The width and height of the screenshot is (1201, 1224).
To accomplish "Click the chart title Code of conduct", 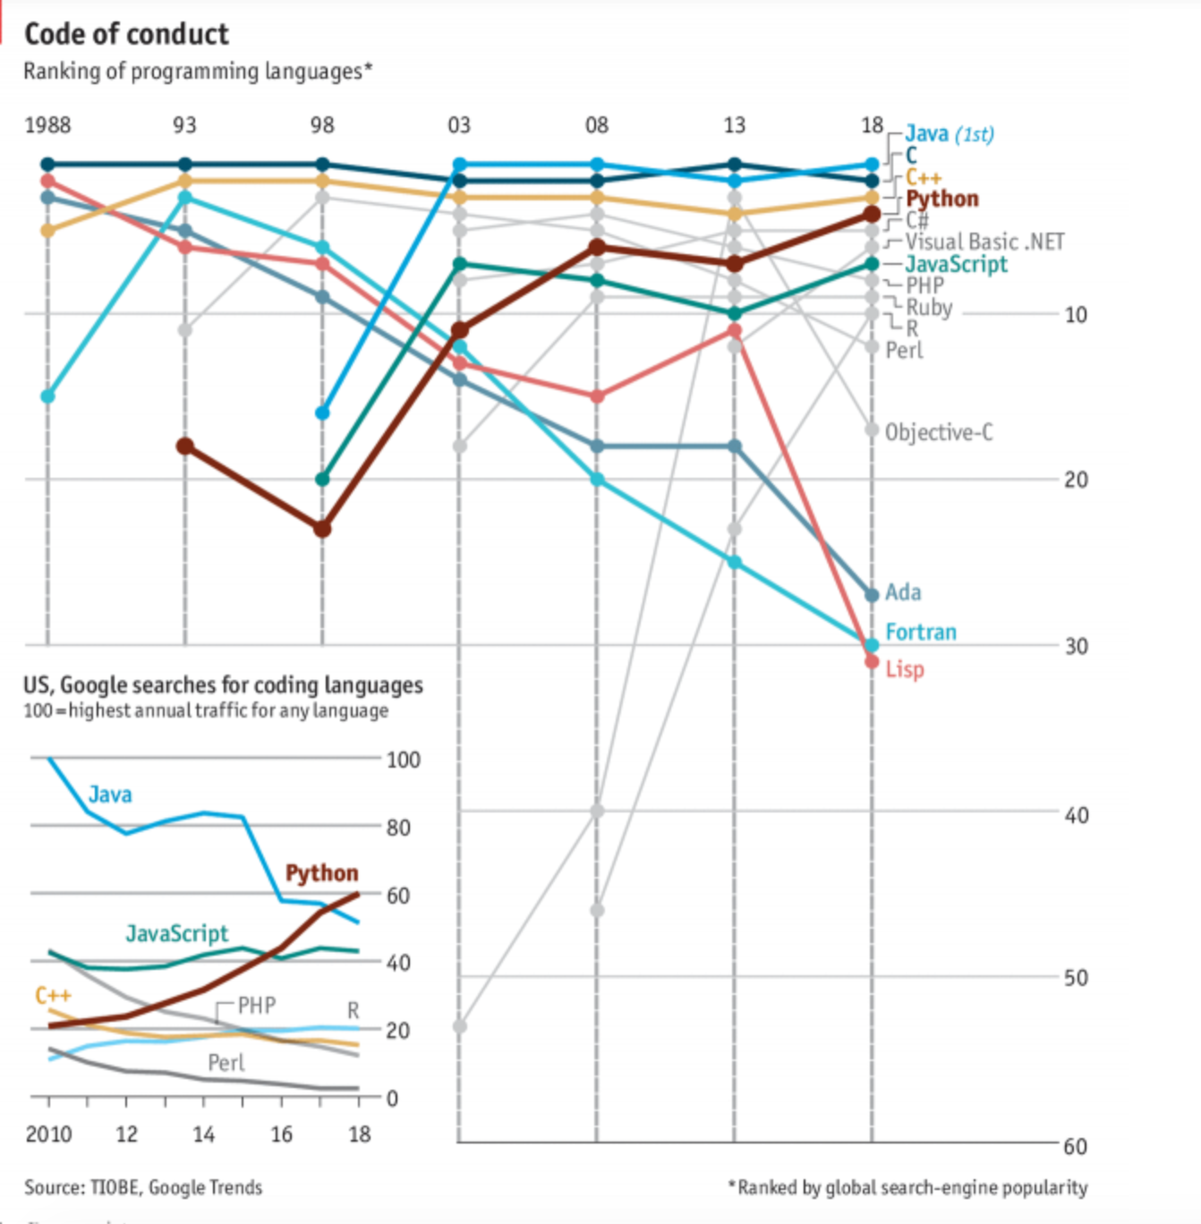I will [126, 34].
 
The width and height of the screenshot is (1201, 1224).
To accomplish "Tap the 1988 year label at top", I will [47, 124].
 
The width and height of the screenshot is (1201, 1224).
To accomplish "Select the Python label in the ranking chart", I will [941, 199].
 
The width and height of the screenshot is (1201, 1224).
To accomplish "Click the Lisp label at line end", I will [905, 669].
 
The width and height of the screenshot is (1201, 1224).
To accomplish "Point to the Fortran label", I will [921, 633].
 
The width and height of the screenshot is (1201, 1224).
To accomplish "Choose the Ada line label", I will [903, 592].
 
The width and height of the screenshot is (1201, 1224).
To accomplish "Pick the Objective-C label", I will [939, 433].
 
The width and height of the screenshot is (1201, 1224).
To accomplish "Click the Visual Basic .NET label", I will [984, 242].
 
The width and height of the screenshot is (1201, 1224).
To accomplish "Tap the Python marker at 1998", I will [322, 529].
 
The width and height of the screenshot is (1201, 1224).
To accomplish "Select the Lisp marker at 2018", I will [872, 661].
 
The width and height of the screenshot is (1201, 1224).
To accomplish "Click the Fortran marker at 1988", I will [48, 396].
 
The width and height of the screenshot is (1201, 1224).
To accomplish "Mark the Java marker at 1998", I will [322, 412].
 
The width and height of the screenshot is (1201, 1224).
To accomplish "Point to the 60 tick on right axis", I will [1076, 1146].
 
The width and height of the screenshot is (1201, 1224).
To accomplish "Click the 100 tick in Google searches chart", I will [403, 760].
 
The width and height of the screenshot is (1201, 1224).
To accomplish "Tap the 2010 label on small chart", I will [48, 1135].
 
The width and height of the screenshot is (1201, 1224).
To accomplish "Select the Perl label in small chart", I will [226, 1063].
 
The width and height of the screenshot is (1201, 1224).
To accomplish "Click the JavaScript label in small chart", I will [176, 934].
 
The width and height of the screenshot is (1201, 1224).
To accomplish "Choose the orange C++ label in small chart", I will [53, 996].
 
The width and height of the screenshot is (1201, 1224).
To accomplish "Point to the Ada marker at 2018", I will [872, 594].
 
